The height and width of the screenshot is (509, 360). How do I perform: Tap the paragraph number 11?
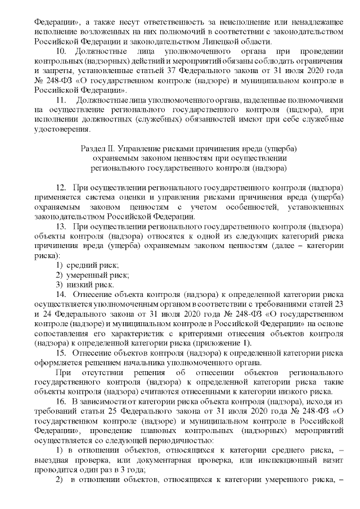click(63, 98)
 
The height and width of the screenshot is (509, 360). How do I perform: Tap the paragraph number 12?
click(62, 187)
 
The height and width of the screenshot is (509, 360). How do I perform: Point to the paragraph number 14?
click(62, 294)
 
